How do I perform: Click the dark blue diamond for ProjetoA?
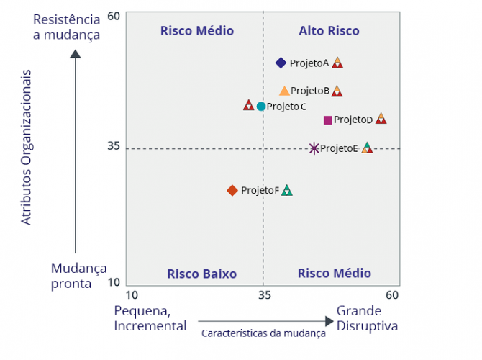point(281,63)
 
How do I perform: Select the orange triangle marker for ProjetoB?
point(284,91)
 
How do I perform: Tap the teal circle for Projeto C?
point(261,107)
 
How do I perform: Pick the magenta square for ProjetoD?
point(328,120)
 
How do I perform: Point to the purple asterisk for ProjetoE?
point(314,148)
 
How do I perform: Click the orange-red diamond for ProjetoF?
point(232,190)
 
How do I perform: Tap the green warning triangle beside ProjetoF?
point(287,190)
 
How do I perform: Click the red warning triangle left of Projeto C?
point(249,105)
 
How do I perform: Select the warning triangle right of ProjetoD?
point(381,119)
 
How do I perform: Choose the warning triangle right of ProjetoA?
point(337,63)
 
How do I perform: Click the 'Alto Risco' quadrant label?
point(329,31)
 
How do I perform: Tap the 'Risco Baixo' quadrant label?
point(201,274)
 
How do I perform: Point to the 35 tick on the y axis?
point(114,146)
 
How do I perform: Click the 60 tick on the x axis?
point(391,295)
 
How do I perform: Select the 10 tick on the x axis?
point(132,295)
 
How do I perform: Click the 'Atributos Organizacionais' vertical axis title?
point(27,147)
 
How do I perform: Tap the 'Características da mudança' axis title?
point(263,333)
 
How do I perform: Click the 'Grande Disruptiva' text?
point(367,318)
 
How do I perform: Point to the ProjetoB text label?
point(310,91)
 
